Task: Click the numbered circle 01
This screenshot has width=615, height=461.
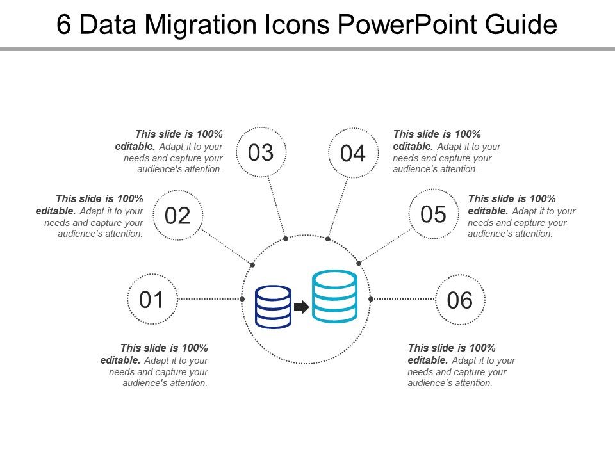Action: pos(152,299)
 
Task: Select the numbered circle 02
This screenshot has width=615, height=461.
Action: pos(178,215)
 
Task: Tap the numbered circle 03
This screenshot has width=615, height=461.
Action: pos(261,152)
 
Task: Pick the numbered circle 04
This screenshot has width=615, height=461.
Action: pos(352,154)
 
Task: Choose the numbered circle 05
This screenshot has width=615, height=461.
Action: pos(434,214)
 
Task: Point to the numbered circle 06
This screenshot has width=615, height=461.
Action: pos(460,300)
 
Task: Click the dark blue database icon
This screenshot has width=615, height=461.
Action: pos(273,307)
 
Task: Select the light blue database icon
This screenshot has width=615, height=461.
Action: pos(334,296)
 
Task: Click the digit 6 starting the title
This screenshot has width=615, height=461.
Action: pos(63,26)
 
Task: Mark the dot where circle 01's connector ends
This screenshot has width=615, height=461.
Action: pos(242,299)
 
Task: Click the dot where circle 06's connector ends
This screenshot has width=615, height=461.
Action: pos(371,299)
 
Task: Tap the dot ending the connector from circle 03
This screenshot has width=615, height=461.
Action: pos(286,239)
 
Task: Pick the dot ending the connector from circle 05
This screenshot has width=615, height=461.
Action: pos(359,263)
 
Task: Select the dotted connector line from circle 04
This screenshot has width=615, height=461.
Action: pos(338,206)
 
